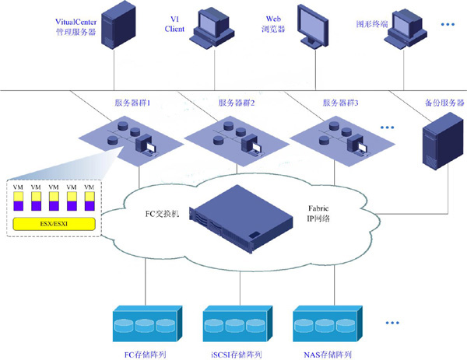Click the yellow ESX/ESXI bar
[54, 225]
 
